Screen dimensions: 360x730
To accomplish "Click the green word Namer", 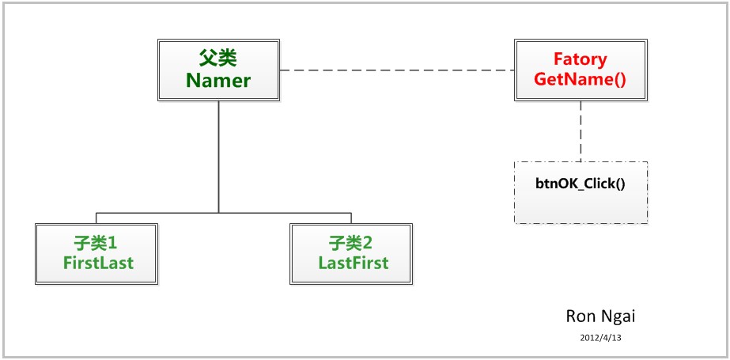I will (x=218, y=80).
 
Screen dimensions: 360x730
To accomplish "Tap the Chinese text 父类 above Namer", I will (x=218, y=59).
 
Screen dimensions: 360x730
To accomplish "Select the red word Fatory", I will (x=581, y=59).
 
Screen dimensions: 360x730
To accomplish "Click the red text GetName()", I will (x=581, y=79).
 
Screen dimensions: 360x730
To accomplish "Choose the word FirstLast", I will (x=99, y=263).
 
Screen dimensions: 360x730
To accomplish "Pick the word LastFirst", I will (x=353, y=263).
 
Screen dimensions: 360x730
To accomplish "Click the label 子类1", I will (x=99, y=242).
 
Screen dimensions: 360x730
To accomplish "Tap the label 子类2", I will (x=353, y=242).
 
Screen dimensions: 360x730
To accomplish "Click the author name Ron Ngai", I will (x=600, y=316).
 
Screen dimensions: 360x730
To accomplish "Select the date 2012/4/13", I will (x=601, y=337).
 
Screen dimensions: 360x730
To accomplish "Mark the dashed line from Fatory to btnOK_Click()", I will (x=581, y=131).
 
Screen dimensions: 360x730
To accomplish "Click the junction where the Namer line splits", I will (x=218, y=213).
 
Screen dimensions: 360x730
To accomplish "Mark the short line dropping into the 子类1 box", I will (x=96, y=218).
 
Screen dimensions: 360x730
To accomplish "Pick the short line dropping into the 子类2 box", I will (x=351, y=218).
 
